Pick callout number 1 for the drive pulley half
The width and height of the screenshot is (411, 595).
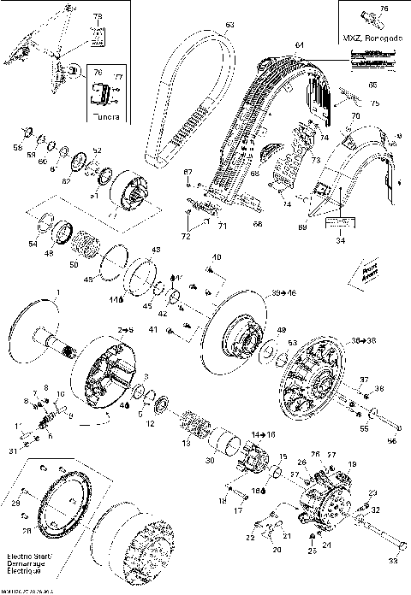tap(58, 293)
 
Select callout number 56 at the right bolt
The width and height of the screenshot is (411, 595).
tap(395, 442)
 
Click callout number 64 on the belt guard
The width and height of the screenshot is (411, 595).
tap(298, 44)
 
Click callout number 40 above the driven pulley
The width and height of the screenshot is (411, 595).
tap(216, 256)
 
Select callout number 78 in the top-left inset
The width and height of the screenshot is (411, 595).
tap(97, 16)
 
